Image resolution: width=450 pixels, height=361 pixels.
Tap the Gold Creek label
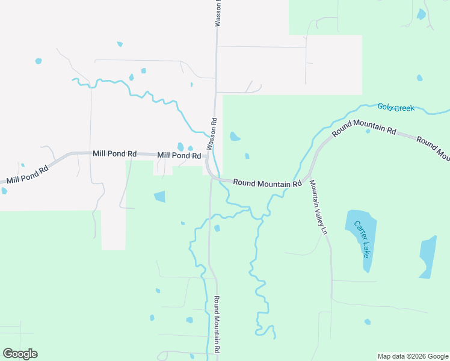pos(396,108)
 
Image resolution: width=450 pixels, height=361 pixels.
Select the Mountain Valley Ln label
pos(318,208)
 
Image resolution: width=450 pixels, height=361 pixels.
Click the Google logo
pos(20,353)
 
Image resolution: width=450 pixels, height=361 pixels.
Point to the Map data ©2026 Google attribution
pos(413,356)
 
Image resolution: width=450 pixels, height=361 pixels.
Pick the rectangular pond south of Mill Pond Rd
pos(159,196)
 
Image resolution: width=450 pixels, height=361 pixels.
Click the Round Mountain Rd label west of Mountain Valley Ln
pos(267,182)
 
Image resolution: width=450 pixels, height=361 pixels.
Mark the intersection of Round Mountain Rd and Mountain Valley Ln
pos(309,177)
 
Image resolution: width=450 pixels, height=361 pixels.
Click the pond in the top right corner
pos(421,14)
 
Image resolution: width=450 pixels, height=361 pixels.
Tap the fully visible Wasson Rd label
pos(211,134)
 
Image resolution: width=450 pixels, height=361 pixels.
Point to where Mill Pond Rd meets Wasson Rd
pos(207,158)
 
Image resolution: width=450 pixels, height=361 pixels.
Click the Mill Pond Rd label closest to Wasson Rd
pos(179,155)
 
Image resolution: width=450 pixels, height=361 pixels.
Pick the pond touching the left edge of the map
pos(4,191)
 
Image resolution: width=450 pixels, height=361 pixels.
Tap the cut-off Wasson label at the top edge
pos(219,13)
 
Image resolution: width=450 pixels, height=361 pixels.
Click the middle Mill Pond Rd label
pos(114,154)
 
